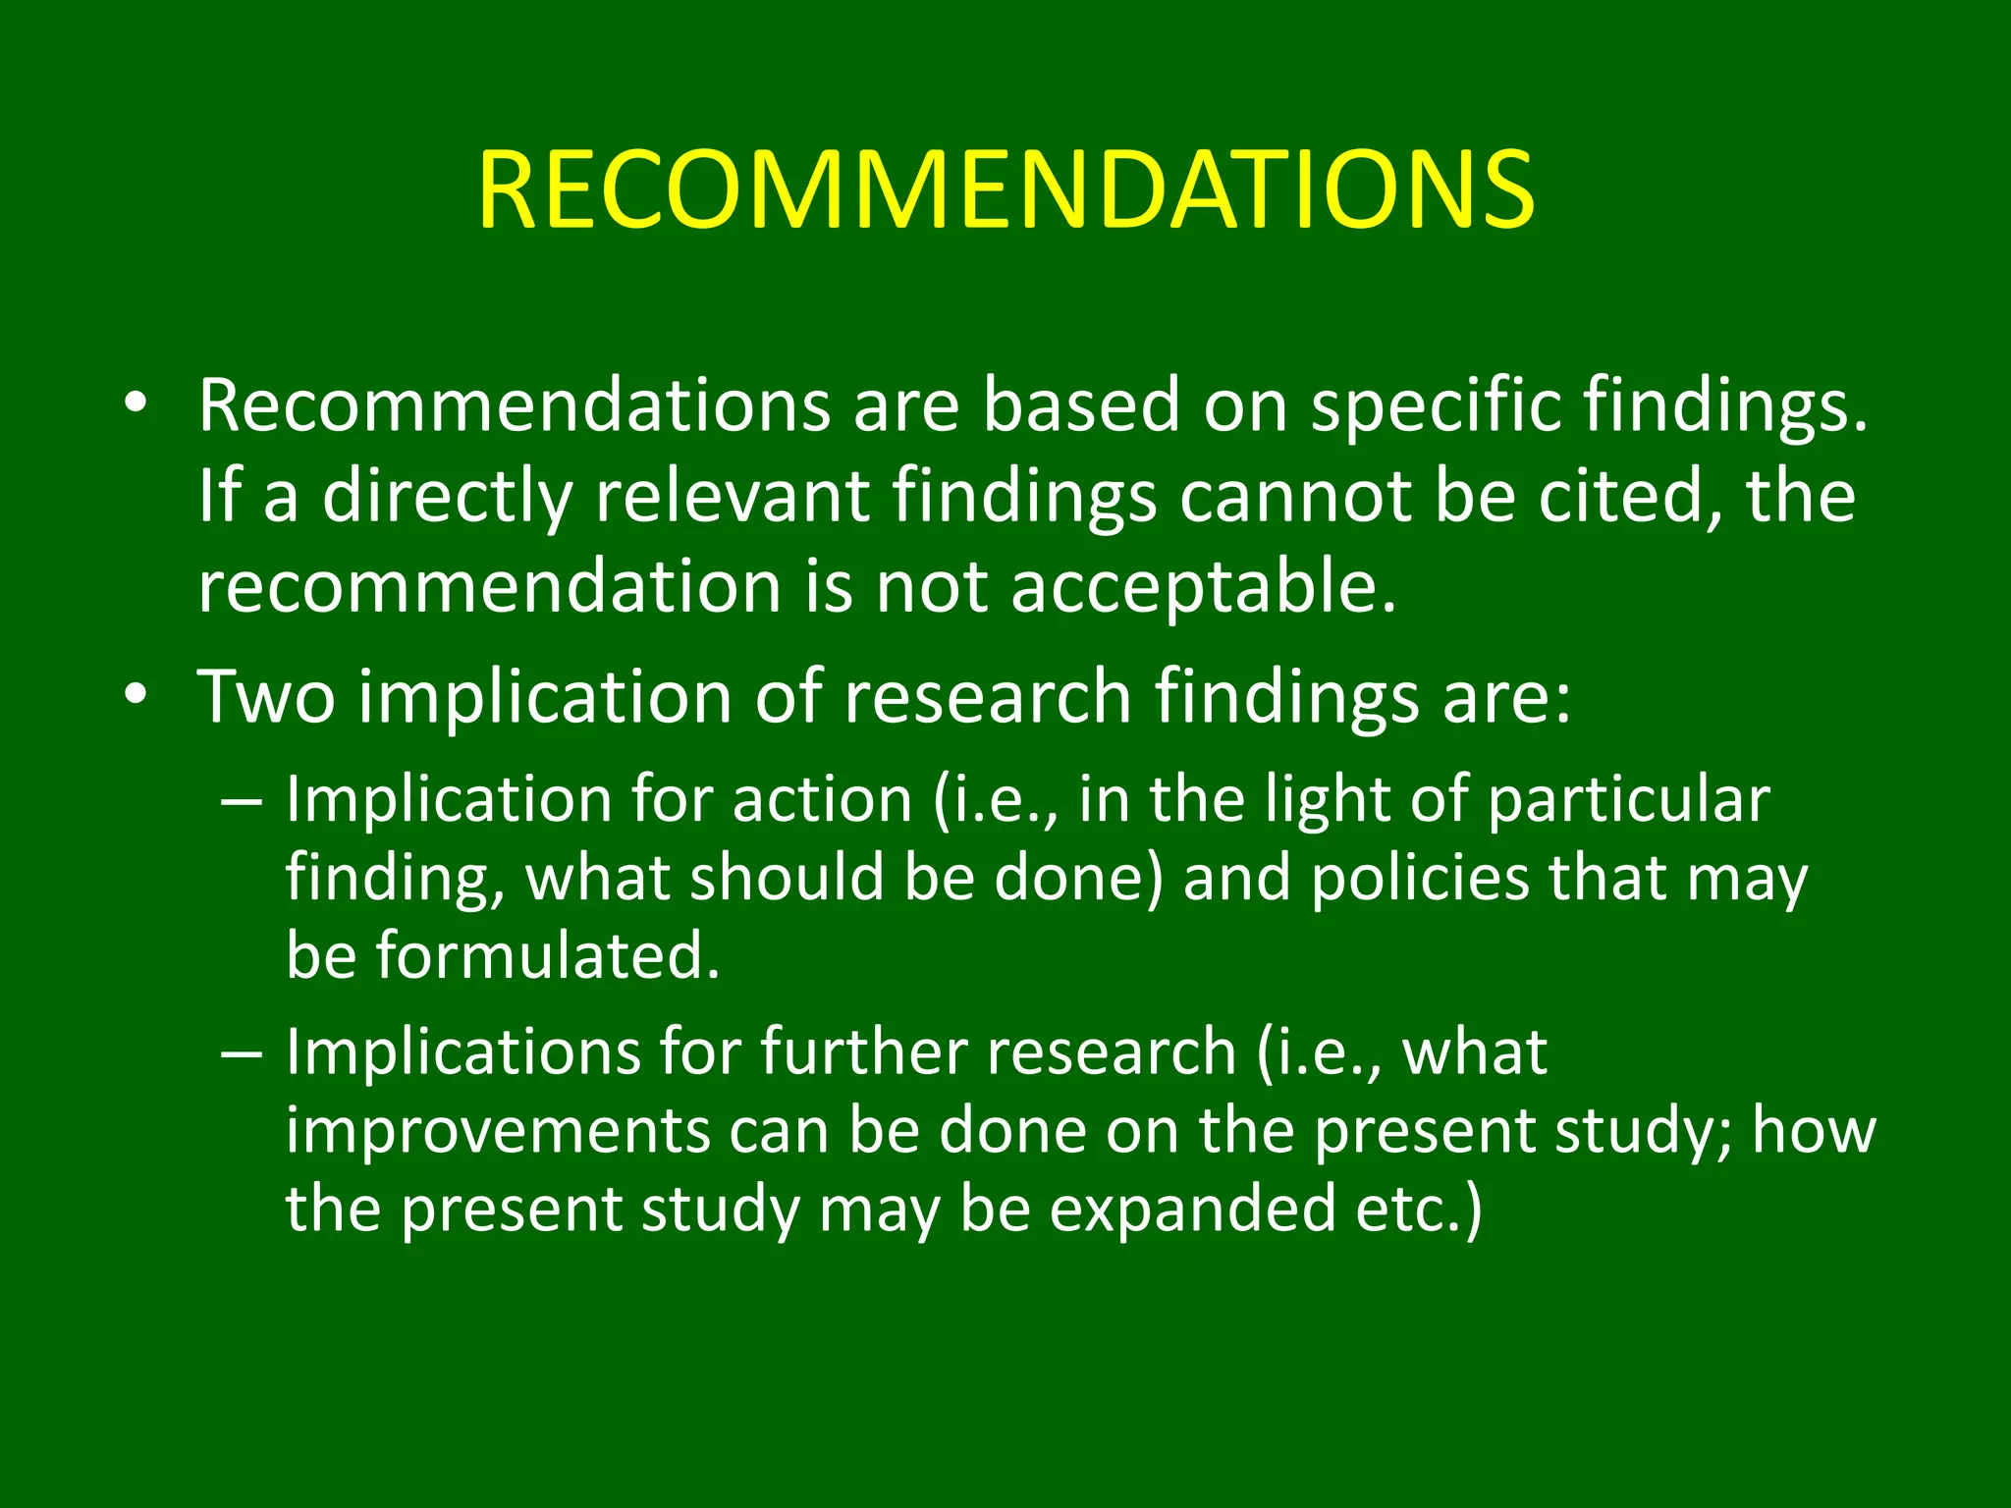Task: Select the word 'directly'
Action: point(447,496)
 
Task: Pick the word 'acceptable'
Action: point(1203,586)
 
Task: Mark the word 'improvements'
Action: point(498,1130)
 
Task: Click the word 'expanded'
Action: point(1192,1209)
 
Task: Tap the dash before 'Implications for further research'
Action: point(242,1053)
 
